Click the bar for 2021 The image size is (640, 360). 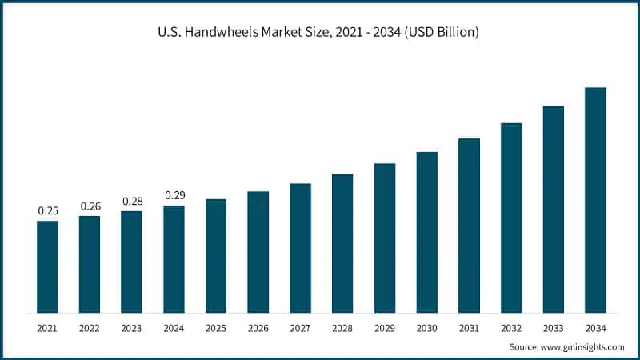pos(47,266)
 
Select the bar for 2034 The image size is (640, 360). pos(595,200)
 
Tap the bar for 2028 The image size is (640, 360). pos(342,243)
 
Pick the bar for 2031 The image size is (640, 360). pos(469,226)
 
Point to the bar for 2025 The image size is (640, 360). pos(216,256)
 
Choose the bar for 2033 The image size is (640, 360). pos(554,209)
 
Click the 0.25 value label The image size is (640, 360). pos(47,211)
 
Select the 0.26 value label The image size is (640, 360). pos(90,206)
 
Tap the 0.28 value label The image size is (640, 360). pos(131,201)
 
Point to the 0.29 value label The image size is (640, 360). pos(174,195)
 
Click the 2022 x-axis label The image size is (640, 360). pos(90,327)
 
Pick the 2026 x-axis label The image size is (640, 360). pos(258,327)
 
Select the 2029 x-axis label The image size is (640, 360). pos(385,327)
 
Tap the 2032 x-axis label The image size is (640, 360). pos(511,327)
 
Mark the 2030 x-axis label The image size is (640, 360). pos(426,327)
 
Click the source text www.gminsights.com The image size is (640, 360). pos(583,346)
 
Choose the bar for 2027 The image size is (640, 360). pos(300,248)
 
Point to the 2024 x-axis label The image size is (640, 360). pos(174,327)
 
